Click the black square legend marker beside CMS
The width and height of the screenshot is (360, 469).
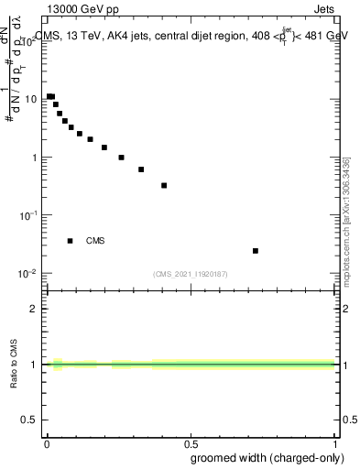(71, 241)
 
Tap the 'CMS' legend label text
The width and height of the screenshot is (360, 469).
(95, 241)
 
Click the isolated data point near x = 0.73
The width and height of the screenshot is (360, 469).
(256, 251)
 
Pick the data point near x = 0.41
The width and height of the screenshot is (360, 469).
(164, 186)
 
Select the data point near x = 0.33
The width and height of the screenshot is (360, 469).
(141, 169)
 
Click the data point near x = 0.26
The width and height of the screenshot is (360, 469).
(121, 158)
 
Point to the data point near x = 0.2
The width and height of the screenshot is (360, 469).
(104, 147)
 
